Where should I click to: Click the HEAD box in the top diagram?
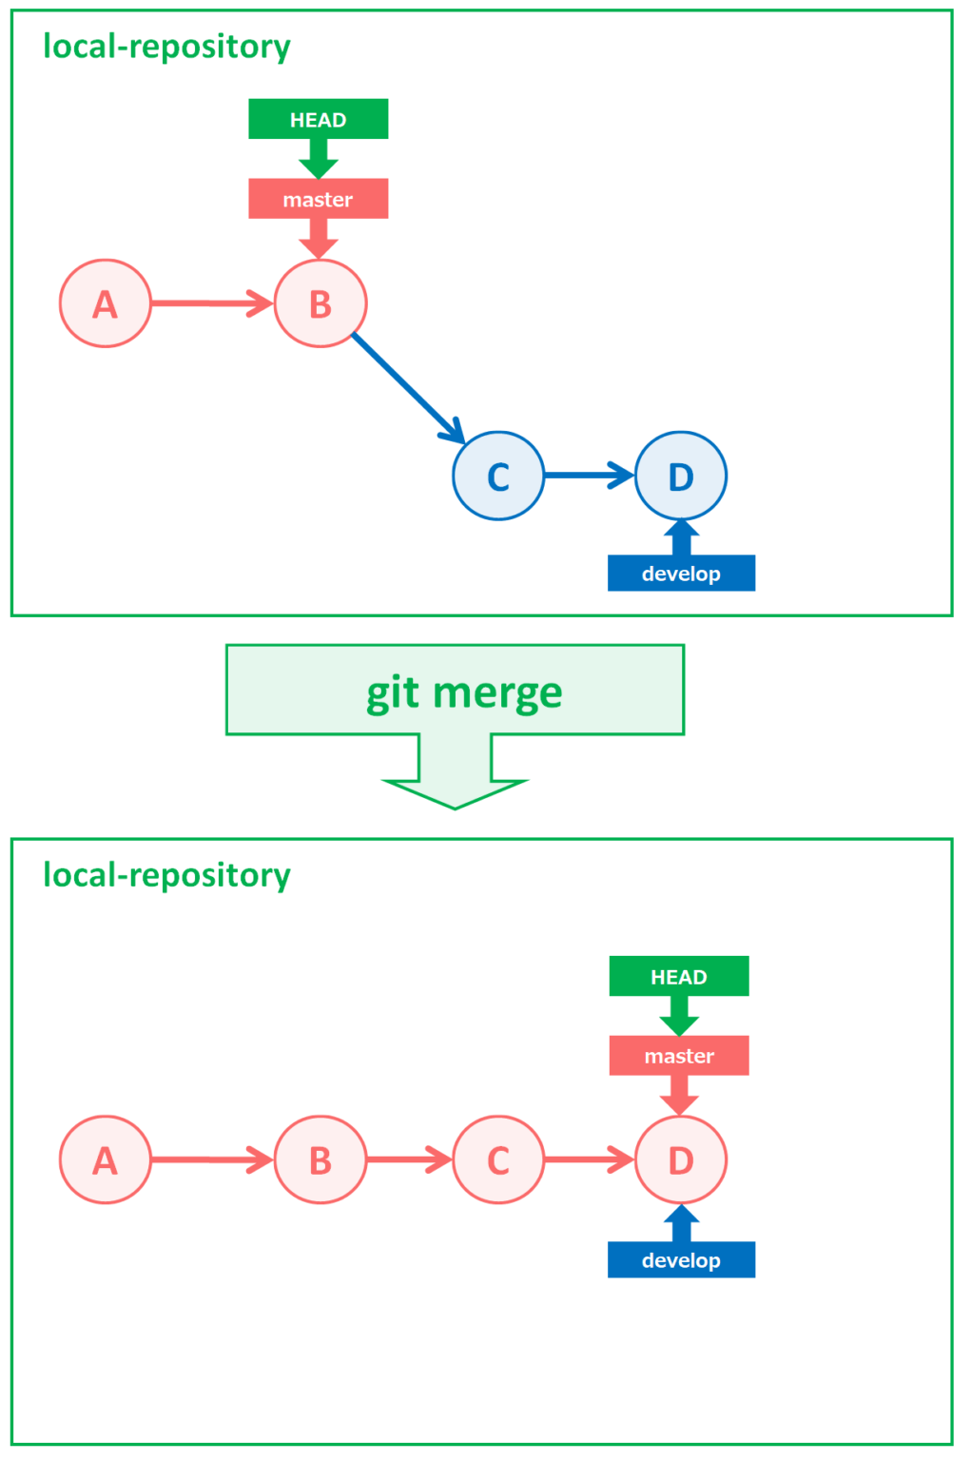[318, 119]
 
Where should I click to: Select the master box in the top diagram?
[318, 199]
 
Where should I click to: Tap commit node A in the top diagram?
[106, 303]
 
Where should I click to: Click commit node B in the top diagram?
[320, 303]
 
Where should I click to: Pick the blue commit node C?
[498, 476]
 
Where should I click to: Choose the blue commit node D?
[681, 476]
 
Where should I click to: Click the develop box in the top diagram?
[681, 574]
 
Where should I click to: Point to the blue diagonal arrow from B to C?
[406, 387]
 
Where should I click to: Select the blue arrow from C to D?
[589, 475]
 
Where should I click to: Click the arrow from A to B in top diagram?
[211, 303]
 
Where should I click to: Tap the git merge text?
[464, 692]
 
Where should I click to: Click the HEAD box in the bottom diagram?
[679, 976]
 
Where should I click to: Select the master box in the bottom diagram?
[679, 1056]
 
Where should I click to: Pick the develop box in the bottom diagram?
[681, 1259]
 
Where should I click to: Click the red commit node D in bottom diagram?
[681, 1159]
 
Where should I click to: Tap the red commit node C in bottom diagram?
[498, 1159]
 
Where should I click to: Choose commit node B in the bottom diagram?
[320, 1159]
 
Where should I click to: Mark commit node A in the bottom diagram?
[106, 1159]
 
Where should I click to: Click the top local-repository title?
[166, 46]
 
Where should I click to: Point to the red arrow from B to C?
[409, 1159]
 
